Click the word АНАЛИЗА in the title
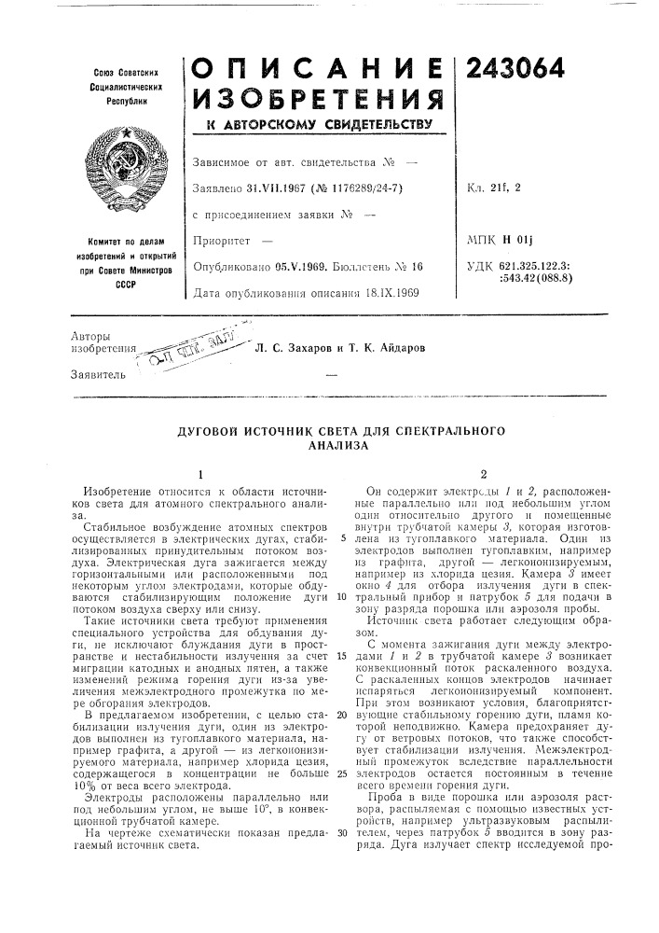point(328,446)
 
